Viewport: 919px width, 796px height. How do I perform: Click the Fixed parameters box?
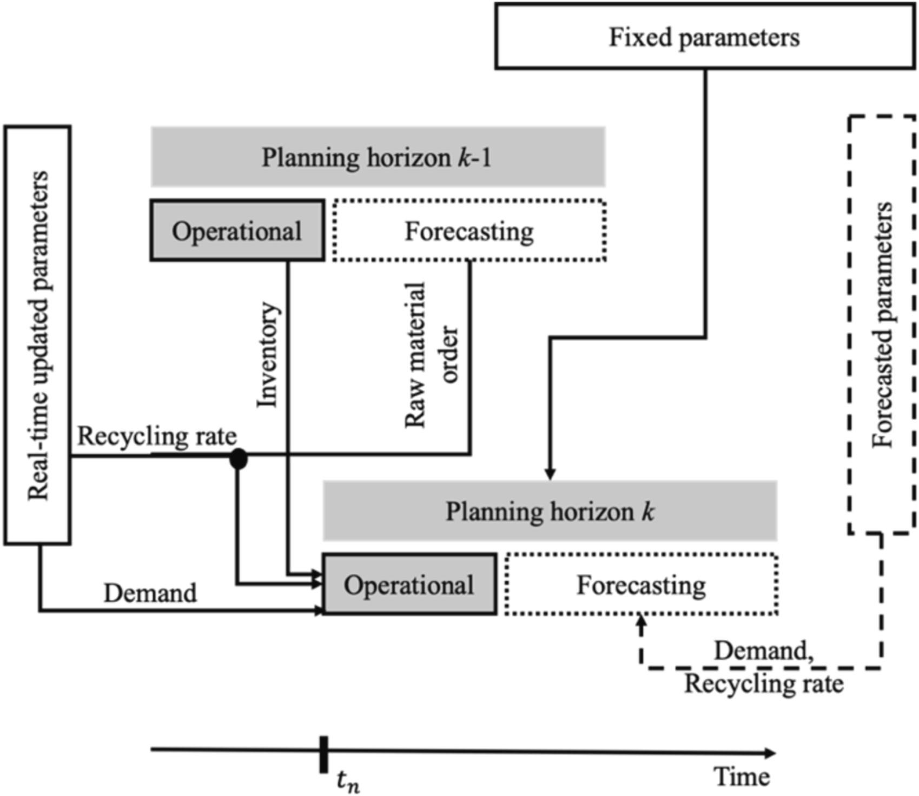(x=704, y=36)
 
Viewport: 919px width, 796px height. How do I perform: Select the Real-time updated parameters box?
(x=37, y=335)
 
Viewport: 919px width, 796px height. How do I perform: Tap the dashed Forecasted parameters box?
(x=882, y=324)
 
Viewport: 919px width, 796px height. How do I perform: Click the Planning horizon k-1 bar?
(x=378, y=157)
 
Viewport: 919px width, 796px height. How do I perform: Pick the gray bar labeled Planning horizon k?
(x=550, y=510)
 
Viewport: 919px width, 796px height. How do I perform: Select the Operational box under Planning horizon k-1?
(x=237, y=231)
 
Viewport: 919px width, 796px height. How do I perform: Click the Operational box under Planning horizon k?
(x=409, y=584)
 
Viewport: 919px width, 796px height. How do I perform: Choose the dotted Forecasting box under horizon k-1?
(x=469, y=231)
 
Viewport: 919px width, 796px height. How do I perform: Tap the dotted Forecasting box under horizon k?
(x=641, y=584)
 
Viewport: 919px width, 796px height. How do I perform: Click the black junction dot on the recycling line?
(x=239, y=459)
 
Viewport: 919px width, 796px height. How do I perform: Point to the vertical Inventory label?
(x=268, y=354)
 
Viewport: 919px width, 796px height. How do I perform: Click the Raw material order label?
(x=432, y=354)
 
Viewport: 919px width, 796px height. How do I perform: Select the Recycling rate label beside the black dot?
(x=157, y=436)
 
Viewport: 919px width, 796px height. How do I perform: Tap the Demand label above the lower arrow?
(x=150, y=593)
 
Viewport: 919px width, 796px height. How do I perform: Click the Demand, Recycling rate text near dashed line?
(x=764, y=667)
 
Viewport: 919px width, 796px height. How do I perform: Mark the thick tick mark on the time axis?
(x=323, y=754)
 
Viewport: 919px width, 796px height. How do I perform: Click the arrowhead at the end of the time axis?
(x=770, y=753)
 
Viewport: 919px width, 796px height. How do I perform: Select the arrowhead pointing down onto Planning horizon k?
(x=550, y=474)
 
